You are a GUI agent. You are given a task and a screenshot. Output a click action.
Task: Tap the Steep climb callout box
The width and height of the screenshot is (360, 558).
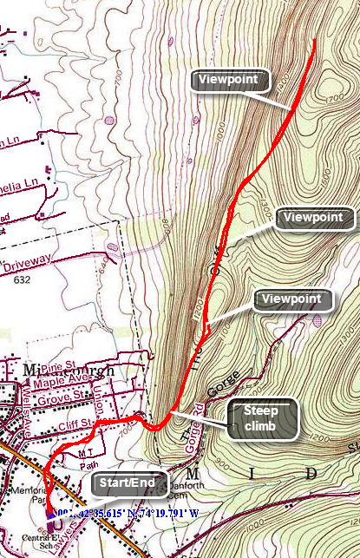(262, 419)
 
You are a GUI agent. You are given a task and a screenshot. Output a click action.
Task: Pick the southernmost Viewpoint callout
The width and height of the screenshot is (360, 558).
(295, 300)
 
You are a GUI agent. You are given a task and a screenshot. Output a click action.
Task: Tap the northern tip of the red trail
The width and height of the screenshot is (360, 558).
(313, 41)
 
